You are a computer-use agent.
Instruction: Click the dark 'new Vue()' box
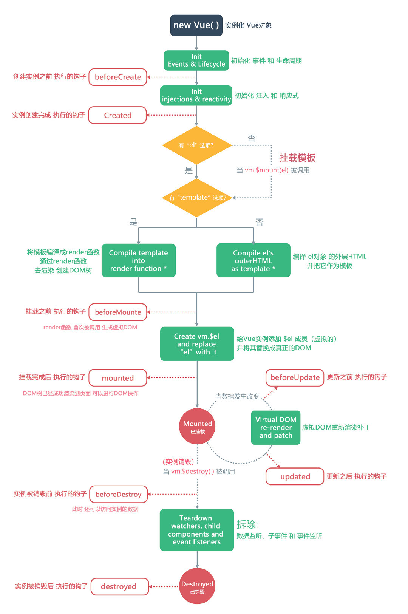[196, 25]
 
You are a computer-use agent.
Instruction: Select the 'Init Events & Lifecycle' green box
[196, 60]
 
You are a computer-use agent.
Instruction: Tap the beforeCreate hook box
[118, 77]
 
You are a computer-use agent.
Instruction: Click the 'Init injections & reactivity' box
[196, 95]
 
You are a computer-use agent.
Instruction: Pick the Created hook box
[117, 115]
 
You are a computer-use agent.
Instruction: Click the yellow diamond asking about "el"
[196, 145]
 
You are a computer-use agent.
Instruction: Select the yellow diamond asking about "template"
[197, 198]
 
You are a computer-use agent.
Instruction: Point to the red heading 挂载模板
[297, 158]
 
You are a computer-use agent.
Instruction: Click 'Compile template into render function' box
[139, 260]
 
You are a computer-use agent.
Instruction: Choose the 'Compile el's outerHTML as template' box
[253, 260]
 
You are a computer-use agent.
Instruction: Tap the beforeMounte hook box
[118, 312]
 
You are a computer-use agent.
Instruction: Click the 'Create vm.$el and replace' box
[197, 344]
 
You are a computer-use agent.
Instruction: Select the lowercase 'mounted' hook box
[118, 378]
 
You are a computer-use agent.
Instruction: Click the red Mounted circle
[197, 426]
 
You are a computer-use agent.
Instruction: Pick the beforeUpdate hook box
[295, 377]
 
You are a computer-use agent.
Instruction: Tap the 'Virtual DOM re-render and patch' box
[276, 427]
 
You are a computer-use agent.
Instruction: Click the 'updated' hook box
[295, 476]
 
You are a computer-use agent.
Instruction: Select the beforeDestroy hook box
[119, 494]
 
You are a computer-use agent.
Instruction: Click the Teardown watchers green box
[196, 530]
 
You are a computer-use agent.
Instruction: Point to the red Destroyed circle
[197, 586]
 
